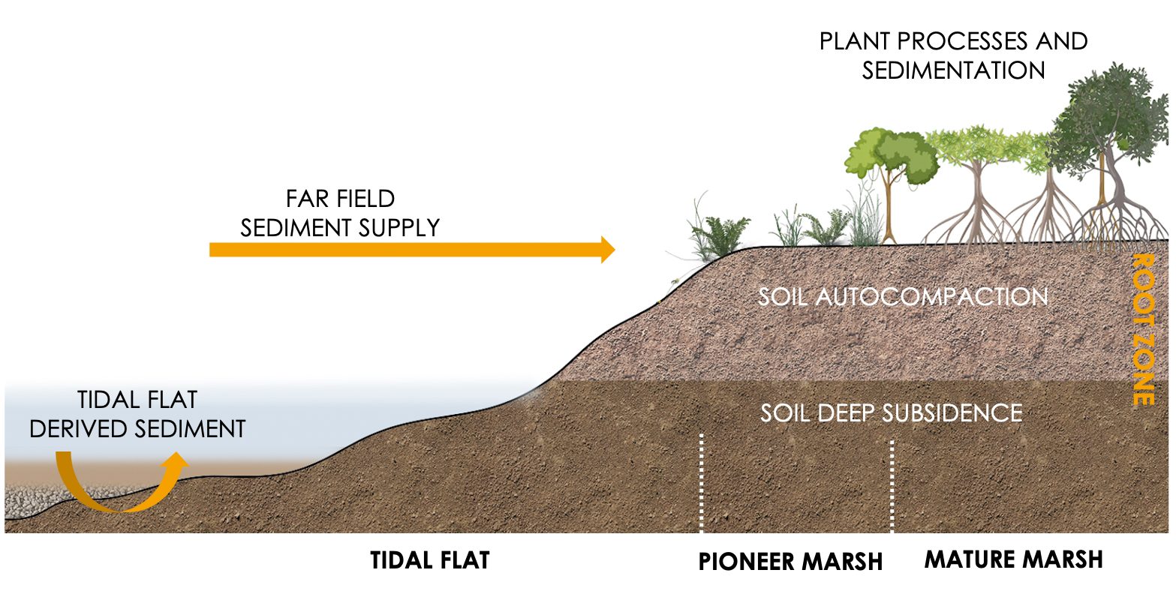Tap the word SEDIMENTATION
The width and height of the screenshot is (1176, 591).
[x=953, y=70]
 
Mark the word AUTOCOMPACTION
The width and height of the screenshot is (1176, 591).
[x=931, y=297]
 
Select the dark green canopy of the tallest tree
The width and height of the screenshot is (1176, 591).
[x=1103, y=112]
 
